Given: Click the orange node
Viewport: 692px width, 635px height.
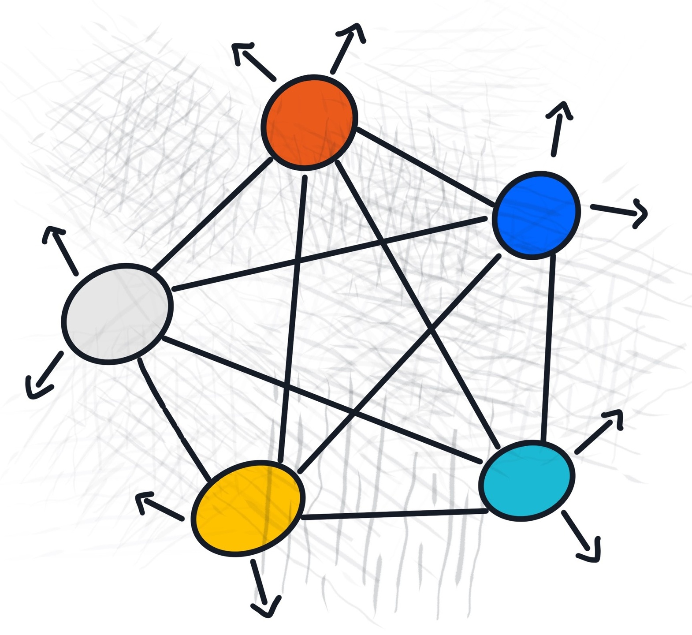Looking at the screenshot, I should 309,122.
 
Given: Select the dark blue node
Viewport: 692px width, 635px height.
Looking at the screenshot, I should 536,215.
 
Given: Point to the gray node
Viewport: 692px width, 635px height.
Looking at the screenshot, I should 117,314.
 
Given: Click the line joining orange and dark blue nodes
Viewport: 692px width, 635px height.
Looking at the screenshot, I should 425,167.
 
